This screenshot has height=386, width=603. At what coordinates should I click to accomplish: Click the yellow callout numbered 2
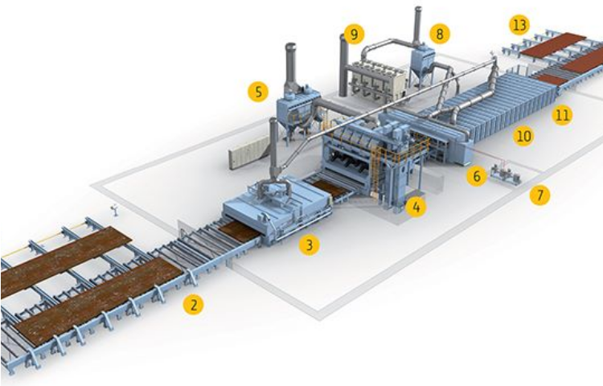tap(193, 305)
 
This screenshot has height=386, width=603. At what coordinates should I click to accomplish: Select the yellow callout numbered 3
tap(310, 244)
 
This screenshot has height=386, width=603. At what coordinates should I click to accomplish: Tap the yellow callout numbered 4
tap(416, 207)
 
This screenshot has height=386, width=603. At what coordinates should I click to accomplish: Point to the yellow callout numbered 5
tap(257, 92)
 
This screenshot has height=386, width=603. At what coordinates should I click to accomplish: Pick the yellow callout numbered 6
tap(477, 176)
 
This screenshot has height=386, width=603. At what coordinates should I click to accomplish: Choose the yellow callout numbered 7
tap(540, 195)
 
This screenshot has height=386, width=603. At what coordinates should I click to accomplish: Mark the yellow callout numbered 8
tap(440, 34)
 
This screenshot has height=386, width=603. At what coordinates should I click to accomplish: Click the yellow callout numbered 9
tap(355, 35)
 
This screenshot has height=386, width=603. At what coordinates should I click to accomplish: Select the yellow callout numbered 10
tap(523, 136)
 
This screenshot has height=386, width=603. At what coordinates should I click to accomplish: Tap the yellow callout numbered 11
tap(562, 115)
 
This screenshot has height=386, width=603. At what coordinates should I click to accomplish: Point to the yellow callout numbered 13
tap(519, 25)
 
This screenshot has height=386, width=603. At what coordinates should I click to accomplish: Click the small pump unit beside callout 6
tap(505, 175)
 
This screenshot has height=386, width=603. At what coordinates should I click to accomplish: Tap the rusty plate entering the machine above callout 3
tap(240, 232)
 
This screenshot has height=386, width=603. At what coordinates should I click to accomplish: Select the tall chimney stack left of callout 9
tap(343, 65)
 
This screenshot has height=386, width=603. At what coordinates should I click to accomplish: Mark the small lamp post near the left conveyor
tap(114, 211)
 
